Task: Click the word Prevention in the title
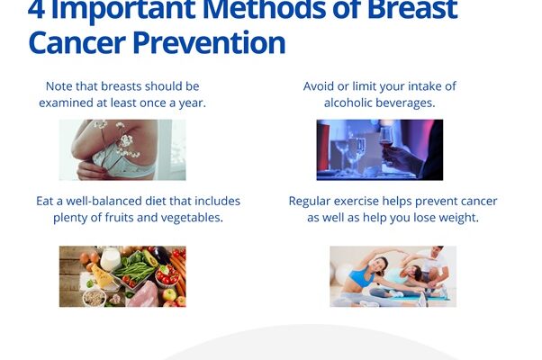209,43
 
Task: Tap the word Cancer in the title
77,43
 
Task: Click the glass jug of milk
110,258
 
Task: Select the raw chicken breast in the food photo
143,294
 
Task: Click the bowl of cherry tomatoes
167,275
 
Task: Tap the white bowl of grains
94,298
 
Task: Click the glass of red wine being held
385,139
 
